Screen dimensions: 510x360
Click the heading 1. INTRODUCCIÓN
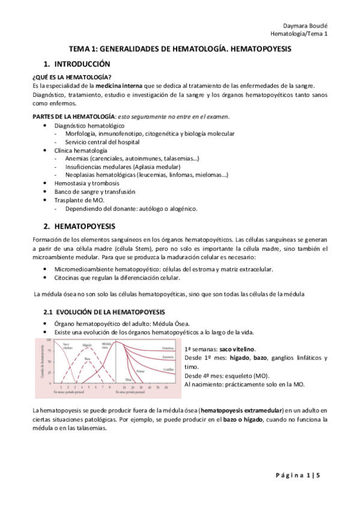pos(76,63)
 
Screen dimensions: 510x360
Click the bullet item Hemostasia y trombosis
pos(87,183)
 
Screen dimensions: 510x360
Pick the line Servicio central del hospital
pos(102,141)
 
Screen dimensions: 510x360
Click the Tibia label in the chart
pos(128,379)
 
